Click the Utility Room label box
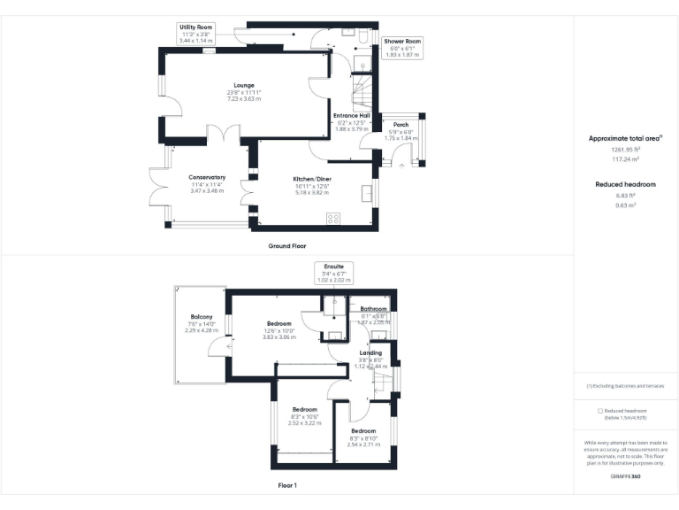pos(196,34)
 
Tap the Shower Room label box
pos(402,48)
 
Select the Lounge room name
pos(244,85)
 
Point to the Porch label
pos(401,125)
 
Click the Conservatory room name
pos(207,177)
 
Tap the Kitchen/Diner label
pos(311,178)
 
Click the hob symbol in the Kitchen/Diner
pos(335,219)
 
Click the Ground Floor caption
pos(287,245)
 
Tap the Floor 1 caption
pos(287,485)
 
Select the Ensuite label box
pos(334,273)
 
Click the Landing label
pos(370,352)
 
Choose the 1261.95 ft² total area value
pos(625,150)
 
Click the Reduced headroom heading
pos(625,183)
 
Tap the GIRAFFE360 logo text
pos(625,476)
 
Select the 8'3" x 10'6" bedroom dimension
pos(305,416)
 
